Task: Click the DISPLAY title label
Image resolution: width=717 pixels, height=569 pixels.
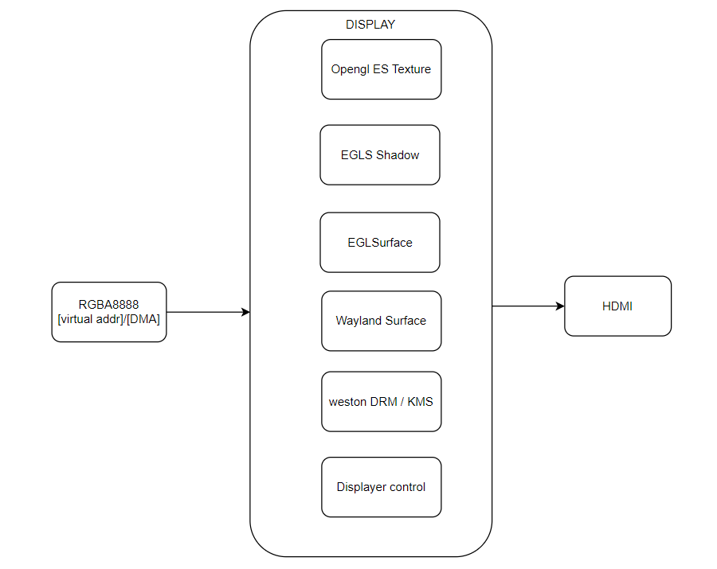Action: tap(370, 25)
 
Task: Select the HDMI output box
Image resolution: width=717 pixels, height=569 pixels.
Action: tap(617, 306)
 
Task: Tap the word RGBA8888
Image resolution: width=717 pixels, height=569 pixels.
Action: tap(109, 305)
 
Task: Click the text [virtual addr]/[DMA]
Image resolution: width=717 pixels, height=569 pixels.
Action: tap(109, 319)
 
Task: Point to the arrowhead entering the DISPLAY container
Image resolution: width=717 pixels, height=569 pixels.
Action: tap(245, 312)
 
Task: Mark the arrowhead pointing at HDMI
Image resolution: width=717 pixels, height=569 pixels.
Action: tap(560, 306)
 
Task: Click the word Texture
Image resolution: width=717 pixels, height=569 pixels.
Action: tap(411, 69)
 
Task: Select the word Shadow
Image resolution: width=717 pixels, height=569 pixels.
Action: tap(398, 155)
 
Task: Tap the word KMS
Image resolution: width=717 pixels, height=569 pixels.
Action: tap(420, 402)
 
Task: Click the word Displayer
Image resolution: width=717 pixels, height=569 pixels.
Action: tap(361, 487)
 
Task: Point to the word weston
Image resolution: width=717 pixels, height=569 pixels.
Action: tap(347, 402)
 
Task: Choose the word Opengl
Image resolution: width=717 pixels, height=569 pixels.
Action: tap(350, 70)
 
